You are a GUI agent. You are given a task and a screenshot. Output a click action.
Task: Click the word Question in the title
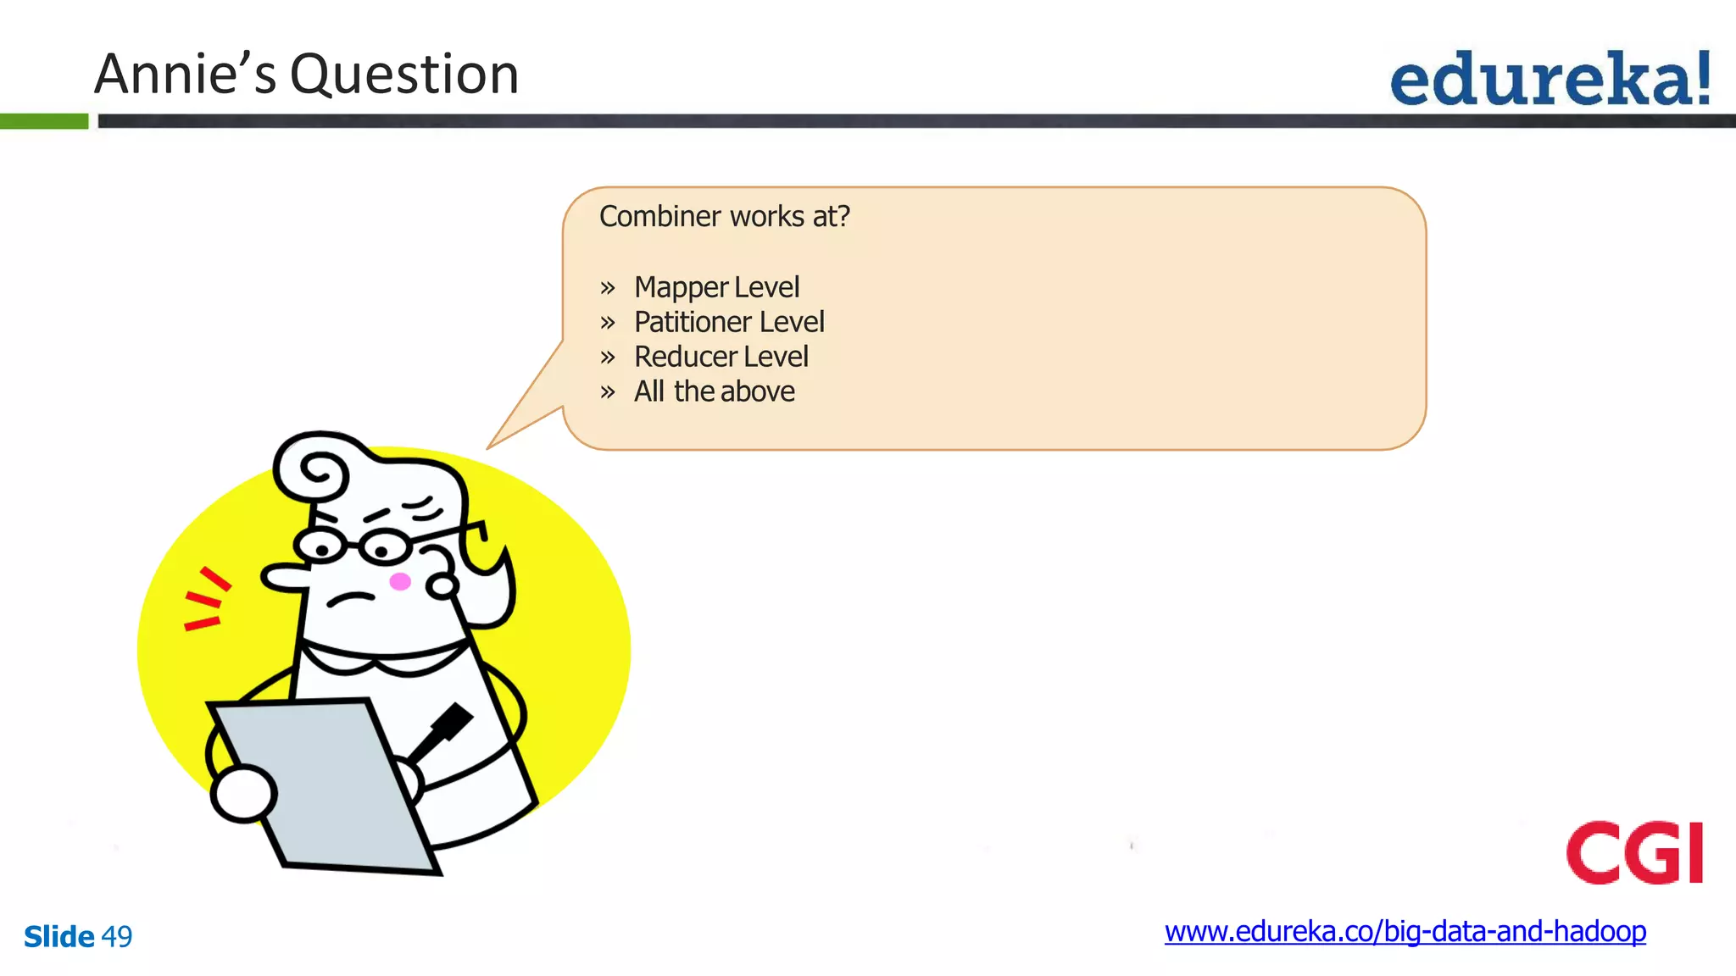point(404,75)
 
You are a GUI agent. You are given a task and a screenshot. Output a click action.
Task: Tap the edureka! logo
point(1550,79)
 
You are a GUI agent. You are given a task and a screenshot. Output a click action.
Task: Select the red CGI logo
point(1634,852)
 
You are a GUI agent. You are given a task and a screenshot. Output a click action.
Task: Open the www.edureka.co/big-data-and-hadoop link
point(1405,932)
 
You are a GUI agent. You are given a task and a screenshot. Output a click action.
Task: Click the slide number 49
point(117,937)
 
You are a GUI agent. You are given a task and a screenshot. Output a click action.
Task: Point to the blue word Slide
point(58,937)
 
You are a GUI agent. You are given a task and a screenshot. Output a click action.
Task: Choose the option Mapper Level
point(716,287)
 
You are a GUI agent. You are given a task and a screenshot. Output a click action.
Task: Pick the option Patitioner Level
point(729,322)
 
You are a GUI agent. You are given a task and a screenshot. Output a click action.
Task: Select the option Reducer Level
point(721,357)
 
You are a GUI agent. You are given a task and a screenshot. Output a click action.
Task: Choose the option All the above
point(714,391)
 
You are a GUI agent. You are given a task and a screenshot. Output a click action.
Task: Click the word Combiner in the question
point(659,217)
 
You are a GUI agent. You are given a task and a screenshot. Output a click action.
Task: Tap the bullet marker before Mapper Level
point(607,288)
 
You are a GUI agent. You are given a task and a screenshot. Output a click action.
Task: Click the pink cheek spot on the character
point(400,581)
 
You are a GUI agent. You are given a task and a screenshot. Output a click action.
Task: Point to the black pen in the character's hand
point(442,730)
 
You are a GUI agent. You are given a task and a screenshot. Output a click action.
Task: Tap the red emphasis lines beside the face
point(205,600)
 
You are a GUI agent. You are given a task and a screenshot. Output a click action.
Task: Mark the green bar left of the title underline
point(44,121)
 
